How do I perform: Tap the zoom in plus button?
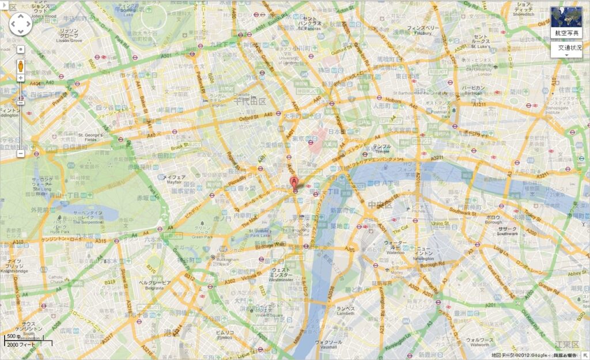[21, 78]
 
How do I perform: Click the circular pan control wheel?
[21, 24]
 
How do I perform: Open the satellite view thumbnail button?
[565, 22]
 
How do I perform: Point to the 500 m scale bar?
[28, 340]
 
